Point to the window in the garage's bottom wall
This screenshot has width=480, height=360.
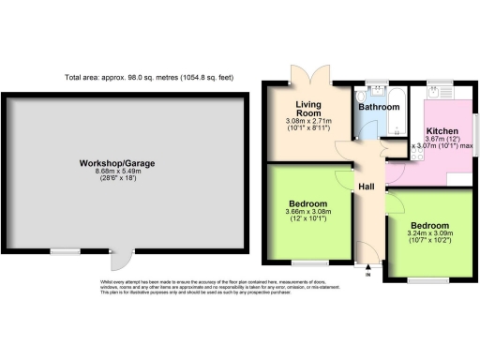pyautogui.click(x=65, y=251)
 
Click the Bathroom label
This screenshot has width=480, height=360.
pyautogui.click(x=380, y=108)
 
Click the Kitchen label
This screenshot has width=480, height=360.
pyautogui.click(x=442, y=131)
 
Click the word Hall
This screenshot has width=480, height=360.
pyautogui.click(x=367, y=187)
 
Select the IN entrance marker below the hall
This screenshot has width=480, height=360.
pyautogui.click(x=367, y=275)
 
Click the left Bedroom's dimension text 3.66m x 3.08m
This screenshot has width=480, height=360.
pyautogui.click(x=308, y=214)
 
